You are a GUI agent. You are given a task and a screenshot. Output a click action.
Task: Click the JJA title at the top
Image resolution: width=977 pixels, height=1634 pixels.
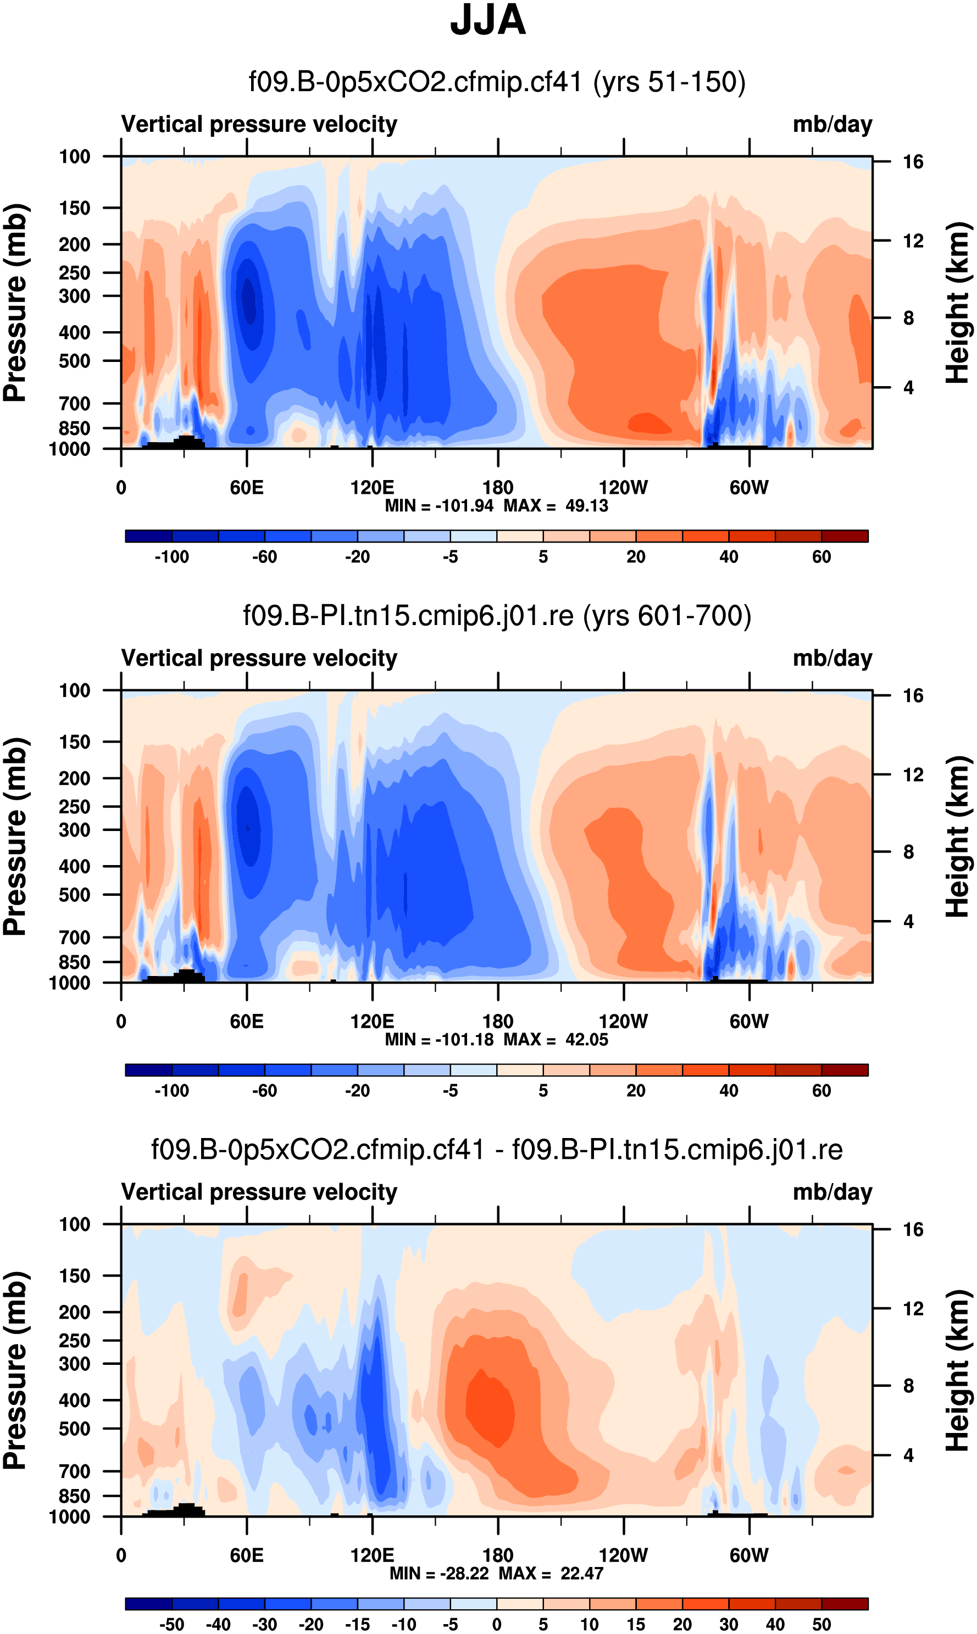(x=488, y=21)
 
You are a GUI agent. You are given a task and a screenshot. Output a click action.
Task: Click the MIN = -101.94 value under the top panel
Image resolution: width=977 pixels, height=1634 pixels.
(x=439, y=506)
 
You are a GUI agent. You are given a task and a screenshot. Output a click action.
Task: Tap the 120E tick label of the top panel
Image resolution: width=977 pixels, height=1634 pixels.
(x=372, y=488)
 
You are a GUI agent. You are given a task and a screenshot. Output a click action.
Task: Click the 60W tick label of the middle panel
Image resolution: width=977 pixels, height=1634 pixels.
(x=748, y=1022)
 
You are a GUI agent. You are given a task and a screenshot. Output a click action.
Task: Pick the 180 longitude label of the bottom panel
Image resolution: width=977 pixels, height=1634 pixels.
(x=498, y=1555)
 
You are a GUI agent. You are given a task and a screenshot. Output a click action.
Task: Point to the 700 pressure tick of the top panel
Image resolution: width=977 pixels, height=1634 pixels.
(x=74, y=403)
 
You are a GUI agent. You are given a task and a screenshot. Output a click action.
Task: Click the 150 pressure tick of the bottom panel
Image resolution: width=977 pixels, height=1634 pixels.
(x=74, y=1276)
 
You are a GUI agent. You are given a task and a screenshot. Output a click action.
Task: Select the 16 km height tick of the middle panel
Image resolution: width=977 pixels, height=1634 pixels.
(x=913, y=695)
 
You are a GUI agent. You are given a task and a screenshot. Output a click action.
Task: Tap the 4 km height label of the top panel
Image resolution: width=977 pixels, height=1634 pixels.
(x=908, y=388)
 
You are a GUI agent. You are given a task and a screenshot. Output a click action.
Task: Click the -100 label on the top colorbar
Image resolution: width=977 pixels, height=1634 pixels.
(x=172, y=557)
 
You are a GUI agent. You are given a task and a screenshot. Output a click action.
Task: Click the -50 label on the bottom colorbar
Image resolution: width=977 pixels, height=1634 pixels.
(x=172, y=1624)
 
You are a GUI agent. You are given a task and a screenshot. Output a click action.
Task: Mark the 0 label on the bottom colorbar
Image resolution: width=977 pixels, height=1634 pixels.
(x=497, y=1624)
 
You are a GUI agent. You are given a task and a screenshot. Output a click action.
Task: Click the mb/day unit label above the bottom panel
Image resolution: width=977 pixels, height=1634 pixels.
(x=832, y=1192)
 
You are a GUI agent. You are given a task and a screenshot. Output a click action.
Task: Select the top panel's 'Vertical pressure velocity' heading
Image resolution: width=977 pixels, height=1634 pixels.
(x=259, y=124)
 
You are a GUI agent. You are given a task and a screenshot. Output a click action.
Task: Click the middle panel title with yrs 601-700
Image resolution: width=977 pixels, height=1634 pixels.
(x=497, y=616)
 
